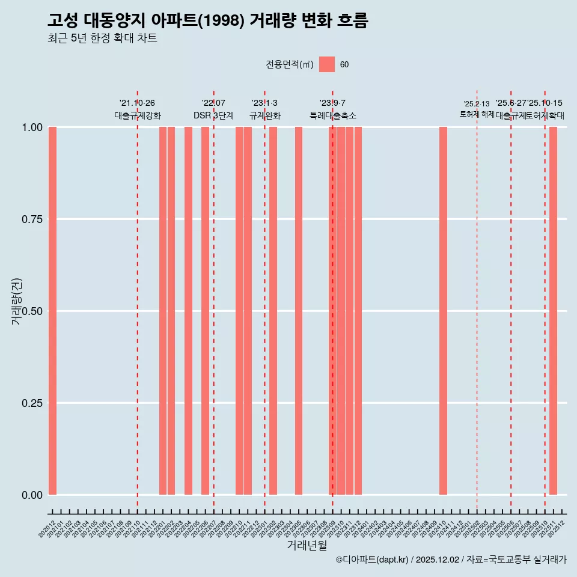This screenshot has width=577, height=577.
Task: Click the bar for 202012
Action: [x=52, y=311]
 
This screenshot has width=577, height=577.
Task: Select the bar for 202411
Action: [x=443, y=311]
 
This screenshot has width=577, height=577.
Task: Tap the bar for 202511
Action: [x=553, y=311]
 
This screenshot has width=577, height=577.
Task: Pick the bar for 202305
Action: [x=299, y=311]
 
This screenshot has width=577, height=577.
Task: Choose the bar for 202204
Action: [x=188, y=311]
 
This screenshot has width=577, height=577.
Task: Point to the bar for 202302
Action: [x=273, y=311]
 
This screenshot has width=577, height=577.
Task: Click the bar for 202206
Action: [x=205, y=311]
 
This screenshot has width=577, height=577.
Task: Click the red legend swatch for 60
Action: [x=326, y=64]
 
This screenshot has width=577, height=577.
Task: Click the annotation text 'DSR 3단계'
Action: [x=213, y=115]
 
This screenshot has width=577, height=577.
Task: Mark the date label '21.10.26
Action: [x=137, y=103]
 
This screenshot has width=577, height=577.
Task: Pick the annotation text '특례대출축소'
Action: [x=333, y=115]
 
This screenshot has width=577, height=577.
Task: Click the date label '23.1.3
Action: [x=264, y=103]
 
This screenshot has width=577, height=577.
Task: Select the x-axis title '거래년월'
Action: [x=307, y=545]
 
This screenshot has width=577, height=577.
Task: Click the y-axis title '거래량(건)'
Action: [x=16, y=301]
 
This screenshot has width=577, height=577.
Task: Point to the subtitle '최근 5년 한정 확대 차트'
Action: [x=102, y=38]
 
